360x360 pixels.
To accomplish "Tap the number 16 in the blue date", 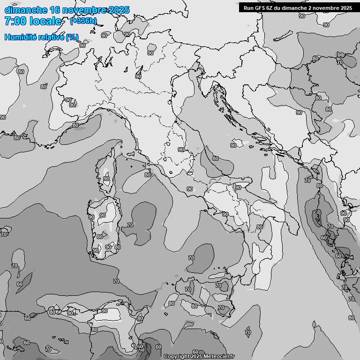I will (x=55, y=10).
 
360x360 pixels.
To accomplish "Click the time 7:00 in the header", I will (x=15, y=21).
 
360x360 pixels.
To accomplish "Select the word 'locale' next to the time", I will (x=45, y=21).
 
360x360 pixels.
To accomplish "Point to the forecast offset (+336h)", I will (x=83, y=21).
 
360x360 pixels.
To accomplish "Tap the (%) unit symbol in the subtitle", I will (x=72, y=37).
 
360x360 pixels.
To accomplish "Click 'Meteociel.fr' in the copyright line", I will (x=218, y=357).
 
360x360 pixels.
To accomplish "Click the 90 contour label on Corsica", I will (x=106, y=179).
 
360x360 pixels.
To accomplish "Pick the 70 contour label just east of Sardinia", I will (x=130, y=225).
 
